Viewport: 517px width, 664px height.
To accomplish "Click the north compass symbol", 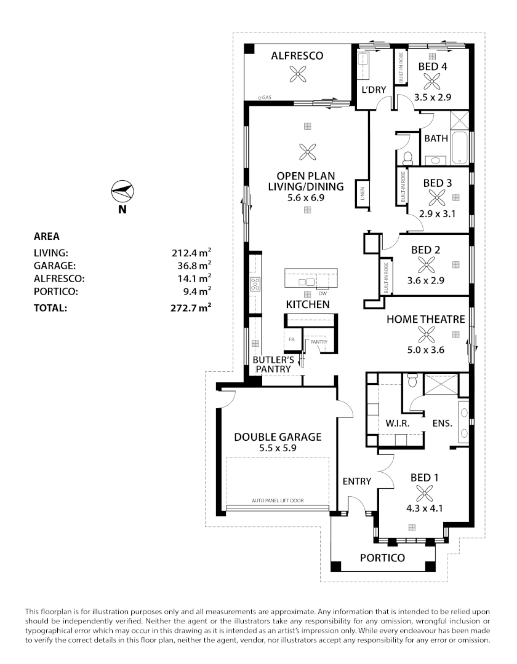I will coord(122,192).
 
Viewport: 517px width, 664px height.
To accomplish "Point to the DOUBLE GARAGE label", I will coord(278,437).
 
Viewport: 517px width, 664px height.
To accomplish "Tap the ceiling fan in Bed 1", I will coord(424,492).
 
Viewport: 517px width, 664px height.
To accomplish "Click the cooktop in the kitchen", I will coord(255,284).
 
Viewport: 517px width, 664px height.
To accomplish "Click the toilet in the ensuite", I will coord(413,382).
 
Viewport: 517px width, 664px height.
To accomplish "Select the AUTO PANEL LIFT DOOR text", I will coord(277,500).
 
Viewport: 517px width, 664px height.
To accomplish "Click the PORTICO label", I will coord(382,558).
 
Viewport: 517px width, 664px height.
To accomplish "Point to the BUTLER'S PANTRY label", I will coord(271,364).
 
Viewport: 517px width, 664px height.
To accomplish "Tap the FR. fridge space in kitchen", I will coord(291,339).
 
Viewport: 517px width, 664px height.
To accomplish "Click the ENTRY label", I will coord(356,481).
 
